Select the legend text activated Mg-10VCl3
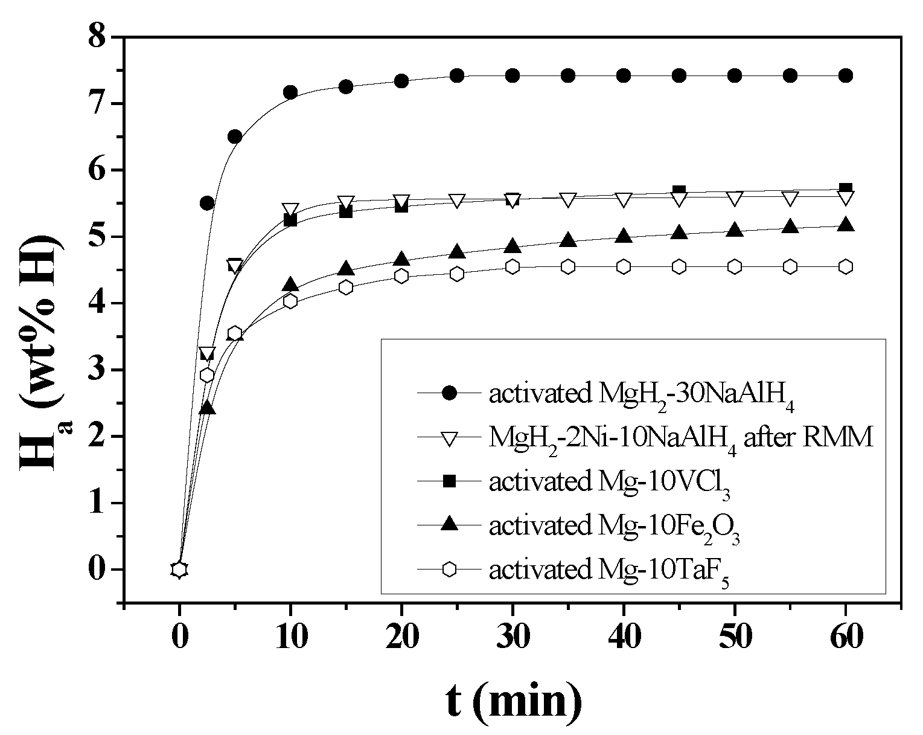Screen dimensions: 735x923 (x=610, y=483)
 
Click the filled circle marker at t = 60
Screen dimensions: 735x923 (x=846, y=75)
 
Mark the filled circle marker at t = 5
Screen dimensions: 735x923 (x=235, y=136)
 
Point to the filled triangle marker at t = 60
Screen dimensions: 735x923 (x=846, y=225)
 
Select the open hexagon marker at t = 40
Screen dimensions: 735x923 (x=624, y=266)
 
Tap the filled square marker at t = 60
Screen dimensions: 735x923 (x=846, y=189)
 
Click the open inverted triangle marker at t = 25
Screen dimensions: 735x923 (x=457, y=201)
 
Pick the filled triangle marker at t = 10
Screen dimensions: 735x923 (x=290, y=284)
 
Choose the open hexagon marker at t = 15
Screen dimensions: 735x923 (x=346, y=287)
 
